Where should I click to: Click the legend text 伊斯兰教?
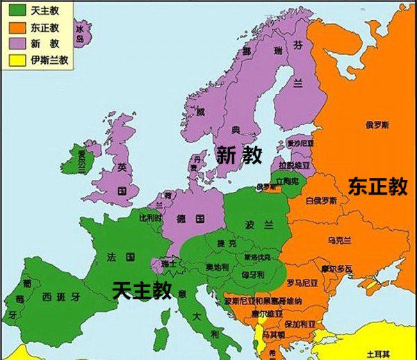49,60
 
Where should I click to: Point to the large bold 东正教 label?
377,186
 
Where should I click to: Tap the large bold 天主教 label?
141,289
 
